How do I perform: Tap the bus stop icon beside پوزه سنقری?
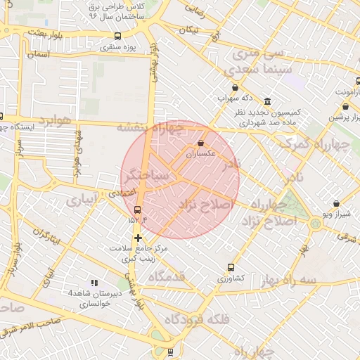[117, 36]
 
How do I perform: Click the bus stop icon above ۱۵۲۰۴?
[137, 210]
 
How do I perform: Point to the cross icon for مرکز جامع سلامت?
[137, 238]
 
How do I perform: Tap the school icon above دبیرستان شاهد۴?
[94, 283]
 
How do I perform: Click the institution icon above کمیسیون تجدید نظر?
[267, 102]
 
